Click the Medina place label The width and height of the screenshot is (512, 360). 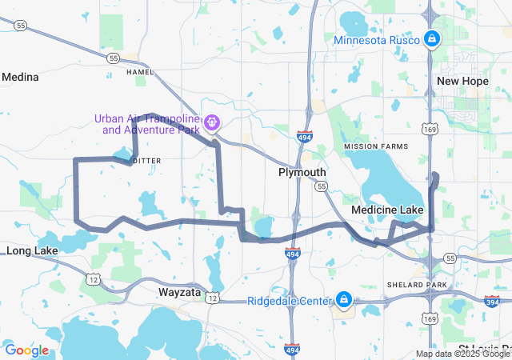click(x=20, y=77)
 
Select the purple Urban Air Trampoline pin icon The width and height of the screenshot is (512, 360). click(x=212, y=122)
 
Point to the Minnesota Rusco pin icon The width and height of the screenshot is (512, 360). click(x=431, y=38)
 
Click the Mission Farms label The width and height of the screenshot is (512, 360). click(x=375, y=146)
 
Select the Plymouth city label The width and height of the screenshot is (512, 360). click(x=302, y=172)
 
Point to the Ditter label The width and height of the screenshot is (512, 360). click(x=146, y=161)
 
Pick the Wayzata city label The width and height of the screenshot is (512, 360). click(x=179, y=293)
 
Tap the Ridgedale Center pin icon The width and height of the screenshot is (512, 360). click(x=344, y=299)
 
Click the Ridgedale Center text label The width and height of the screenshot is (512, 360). click(x=289, y=301)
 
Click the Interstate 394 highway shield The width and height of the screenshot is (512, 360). click(x=491, y=301)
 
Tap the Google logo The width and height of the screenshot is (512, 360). click(x=26, y=350)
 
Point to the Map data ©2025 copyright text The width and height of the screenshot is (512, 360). click(x=462, y=354)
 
